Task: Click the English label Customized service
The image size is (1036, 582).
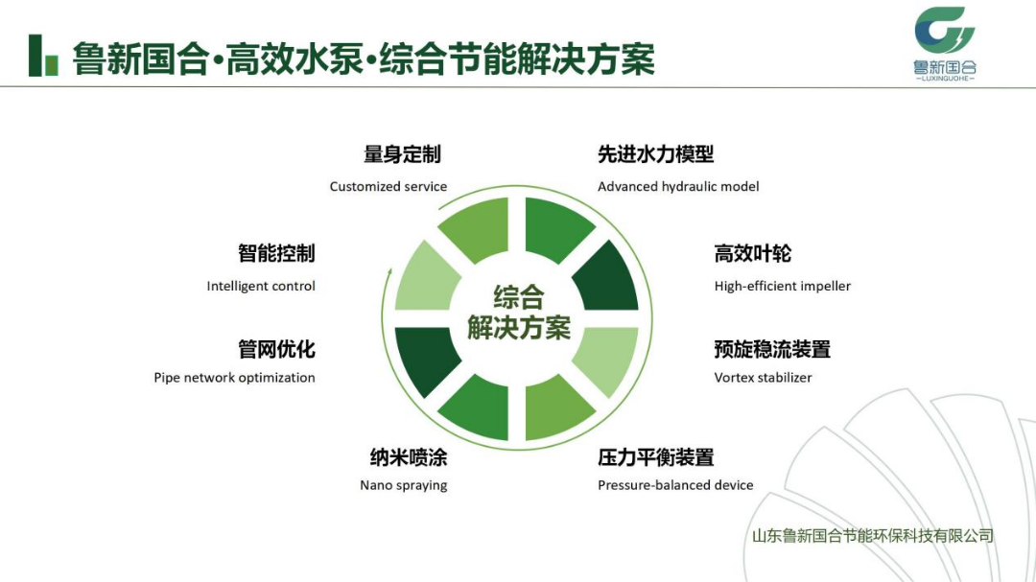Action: click(388, 187)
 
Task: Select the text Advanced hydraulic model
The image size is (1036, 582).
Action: click(678, 187)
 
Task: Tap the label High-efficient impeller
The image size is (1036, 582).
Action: click(783, 286)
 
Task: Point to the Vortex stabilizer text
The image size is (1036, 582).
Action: click(764, 378)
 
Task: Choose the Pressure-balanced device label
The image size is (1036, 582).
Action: click(675, 485)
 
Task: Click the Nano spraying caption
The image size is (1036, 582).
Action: click(404, 485)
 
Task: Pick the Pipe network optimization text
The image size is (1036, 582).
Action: click(235, 378)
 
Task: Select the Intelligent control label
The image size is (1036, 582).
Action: click(261, 286)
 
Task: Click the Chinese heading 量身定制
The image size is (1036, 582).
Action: click(402, 154)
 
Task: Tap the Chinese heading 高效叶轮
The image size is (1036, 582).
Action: click(753, 254)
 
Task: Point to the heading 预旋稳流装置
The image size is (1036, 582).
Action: click(772, 349)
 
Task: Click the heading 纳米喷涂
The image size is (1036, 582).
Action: click(409, 457)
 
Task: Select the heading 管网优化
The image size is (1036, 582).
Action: click(276, 349)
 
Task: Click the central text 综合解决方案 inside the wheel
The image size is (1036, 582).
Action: click(519, 313)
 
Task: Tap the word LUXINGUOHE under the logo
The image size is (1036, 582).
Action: click(945, 79)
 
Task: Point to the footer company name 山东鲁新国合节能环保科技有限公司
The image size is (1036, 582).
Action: click(873, 536)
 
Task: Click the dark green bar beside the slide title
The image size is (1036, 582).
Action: click(35, 56)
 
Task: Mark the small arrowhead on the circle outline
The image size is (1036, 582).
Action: click(389, 272)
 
